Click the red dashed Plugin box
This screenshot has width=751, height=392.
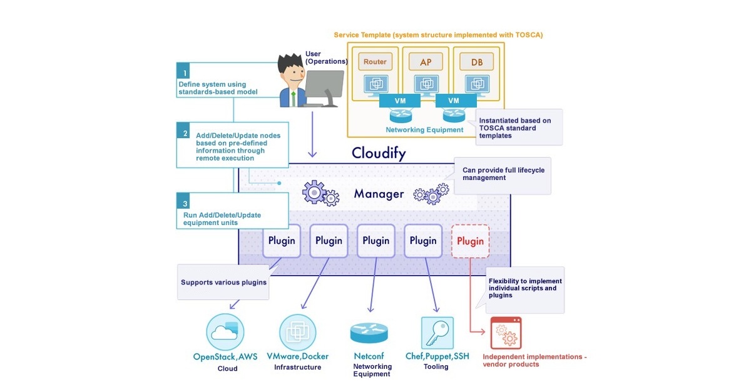point(470,241)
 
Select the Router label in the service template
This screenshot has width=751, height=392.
point(375,61)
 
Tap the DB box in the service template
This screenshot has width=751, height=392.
point(477,61)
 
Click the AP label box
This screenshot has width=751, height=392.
point(426,61)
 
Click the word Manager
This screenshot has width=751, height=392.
point(379,194)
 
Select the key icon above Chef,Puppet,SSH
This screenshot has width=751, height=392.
point(436,333)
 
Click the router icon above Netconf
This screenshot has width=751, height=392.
point(369,333)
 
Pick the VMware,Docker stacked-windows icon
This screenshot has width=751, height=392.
point(297,332)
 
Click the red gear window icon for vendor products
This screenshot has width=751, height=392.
point(506,333)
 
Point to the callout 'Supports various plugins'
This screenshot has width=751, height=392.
point(223,282)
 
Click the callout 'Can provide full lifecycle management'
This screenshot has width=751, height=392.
point(503,174)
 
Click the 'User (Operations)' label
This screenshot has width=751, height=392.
point(326,58)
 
